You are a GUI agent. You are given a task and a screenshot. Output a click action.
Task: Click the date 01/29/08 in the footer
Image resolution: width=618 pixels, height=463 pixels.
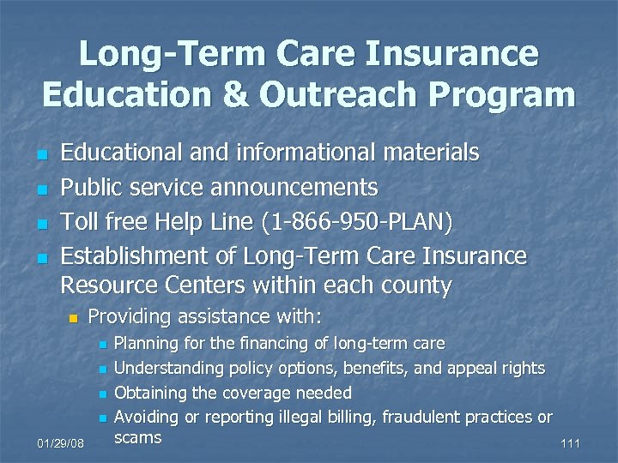tap(60, 444)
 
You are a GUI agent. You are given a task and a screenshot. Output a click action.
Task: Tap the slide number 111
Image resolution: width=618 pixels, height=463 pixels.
tap(569, 444)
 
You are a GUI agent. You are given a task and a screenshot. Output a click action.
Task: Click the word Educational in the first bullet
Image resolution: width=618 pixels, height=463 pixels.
tap(122, 153)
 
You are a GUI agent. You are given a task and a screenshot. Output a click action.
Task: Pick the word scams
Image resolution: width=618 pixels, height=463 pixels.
tap(137, 438)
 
